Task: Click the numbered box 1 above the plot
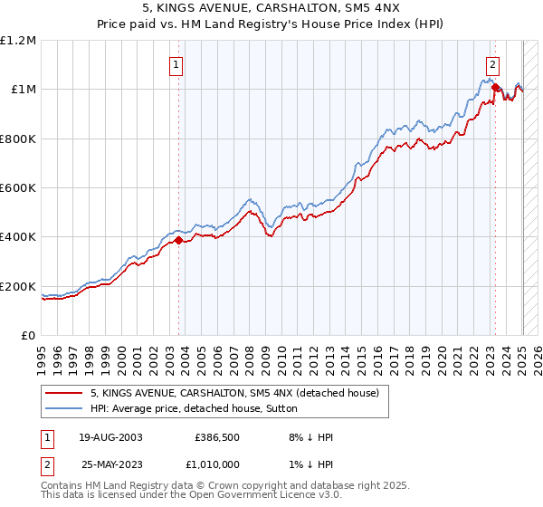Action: coord(174,64)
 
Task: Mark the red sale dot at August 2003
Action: coord(179,241)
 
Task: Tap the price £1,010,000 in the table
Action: coord(214,464)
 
